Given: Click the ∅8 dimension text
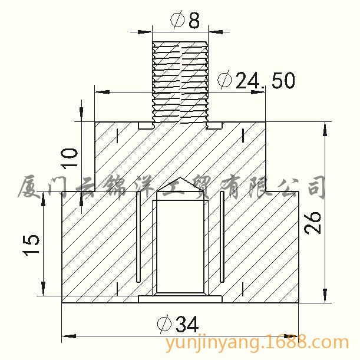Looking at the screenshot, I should [185, 20].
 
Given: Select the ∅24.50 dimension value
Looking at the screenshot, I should [256, 81].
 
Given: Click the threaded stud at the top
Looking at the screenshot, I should [180, 82].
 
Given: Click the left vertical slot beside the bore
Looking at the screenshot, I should [138, 236].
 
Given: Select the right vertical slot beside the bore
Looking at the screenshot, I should [222, 236].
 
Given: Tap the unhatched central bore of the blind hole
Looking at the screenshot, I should [180, 247].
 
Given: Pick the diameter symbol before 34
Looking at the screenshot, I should [164, 323].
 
